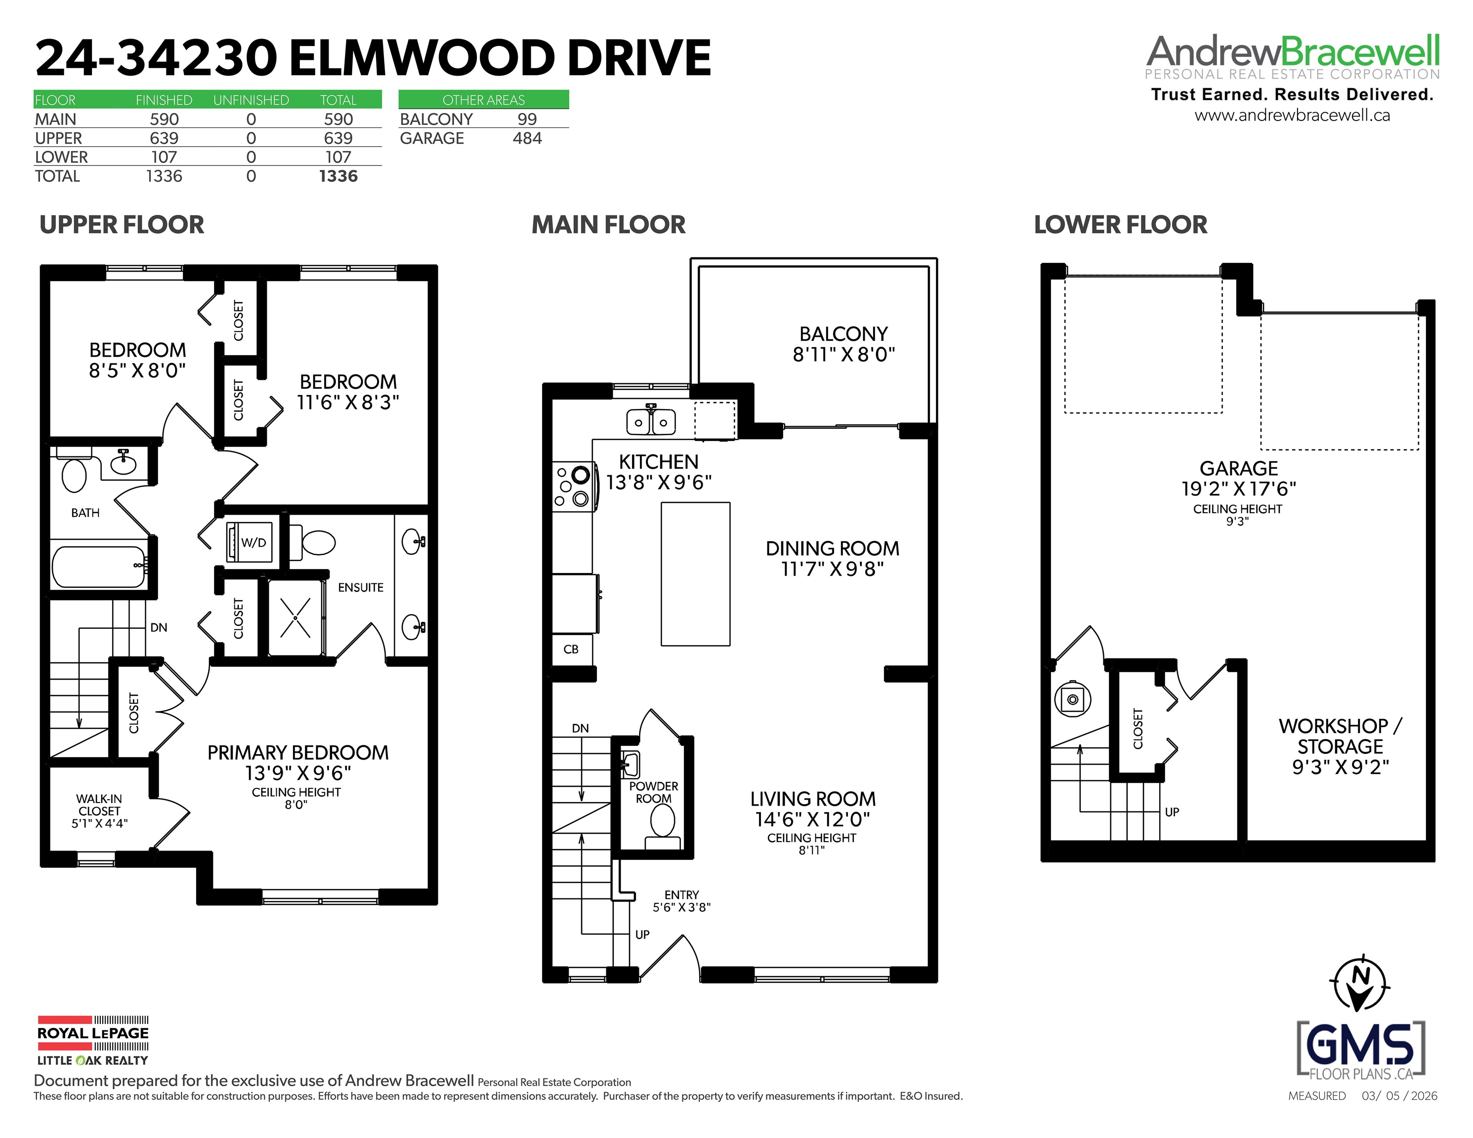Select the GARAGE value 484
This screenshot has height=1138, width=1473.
tap(527, 138)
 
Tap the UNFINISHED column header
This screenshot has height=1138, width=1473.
tap(251, 100)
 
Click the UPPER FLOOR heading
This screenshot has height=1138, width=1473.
tap(122, 225)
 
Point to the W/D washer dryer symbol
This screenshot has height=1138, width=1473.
tap(249, 542)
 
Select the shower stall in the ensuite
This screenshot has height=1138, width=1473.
tap(295, 617)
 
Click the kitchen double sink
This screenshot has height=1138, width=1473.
tap(651, 421)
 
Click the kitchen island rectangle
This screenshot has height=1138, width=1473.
tap(695, 574)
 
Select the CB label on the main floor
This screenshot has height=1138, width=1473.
tap(571, 649)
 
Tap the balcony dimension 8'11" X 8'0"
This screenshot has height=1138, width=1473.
tap(844, 354)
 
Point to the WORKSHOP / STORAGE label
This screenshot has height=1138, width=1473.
tap(1340, 736)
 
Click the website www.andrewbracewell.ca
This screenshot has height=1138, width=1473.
tap(1292, 115)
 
